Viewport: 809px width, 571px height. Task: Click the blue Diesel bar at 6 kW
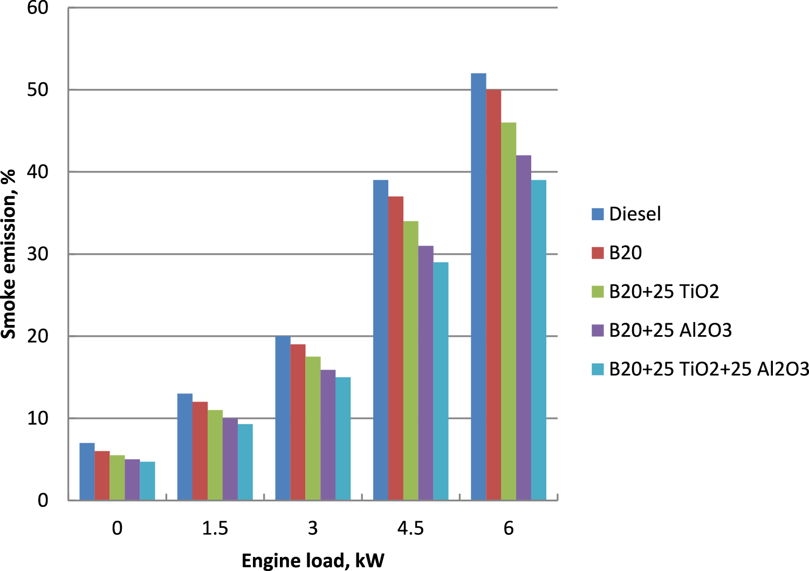(x=478, y=286)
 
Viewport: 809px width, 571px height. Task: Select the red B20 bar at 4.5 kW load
(x=395, y=348)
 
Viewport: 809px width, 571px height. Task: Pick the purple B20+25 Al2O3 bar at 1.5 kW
(x=230, y=459)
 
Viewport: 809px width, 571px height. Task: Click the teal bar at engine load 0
(x=147, y=480)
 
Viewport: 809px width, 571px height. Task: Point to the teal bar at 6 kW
(x=538, y=340)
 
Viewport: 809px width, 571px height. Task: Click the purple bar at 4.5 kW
(x=426, y=372)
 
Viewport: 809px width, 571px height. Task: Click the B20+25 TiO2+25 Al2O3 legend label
(x=709, y=369)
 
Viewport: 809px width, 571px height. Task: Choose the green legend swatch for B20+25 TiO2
(x=598, y=291)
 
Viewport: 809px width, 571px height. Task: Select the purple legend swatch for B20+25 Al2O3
(x=598, y=330)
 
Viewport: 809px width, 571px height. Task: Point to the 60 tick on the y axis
(x=37, y=8)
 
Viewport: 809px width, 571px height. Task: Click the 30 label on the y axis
(x=37, y=254)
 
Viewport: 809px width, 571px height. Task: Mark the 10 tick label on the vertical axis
(x=37, y=418)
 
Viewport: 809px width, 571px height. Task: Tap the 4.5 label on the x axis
(x=410, y=528)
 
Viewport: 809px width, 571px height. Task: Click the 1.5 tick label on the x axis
(x=215, y=528)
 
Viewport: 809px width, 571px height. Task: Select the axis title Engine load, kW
(x=313, y=561)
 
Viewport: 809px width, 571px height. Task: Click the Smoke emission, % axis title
(x=9, y=254)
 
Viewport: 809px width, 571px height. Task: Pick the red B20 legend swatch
(x=598, y=253)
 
